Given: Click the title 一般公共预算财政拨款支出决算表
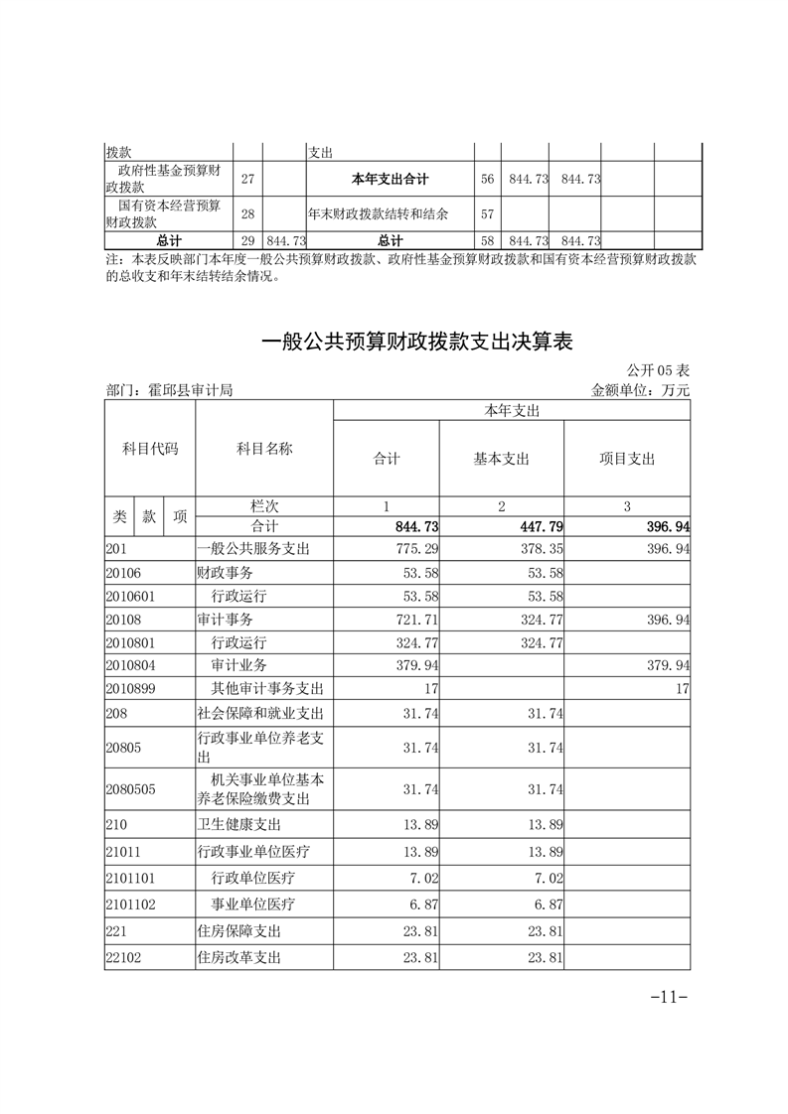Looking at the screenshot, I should click(x=417, y=343).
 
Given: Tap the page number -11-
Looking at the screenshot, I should click(x=669, y=997).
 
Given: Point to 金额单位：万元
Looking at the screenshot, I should click(x=640, y=390).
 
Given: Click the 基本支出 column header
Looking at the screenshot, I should click(x=501, y=459).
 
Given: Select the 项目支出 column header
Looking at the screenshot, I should click(x=626, y=459).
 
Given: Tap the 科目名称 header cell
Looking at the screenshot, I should click(x=264, y=449).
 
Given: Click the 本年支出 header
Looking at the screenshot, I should click(x=511, y=410).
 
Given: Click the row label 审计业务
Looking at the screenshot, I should click(x=239, y=664).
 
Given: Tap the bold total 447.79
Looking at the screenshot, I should click(x=541, y=526).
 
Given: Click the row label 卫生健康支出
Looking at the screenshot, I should click(x=239, y=824).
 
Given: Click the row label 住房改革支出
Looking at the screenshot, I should click(x=239, y=958).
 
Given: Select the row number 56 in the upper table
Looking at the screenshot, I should click(x=487, y=179).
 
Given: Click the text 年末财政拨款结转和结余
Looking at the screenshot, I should click(x=378, y=213).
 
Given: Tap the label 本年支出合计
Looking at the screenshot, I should click(x=390, y=179).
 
